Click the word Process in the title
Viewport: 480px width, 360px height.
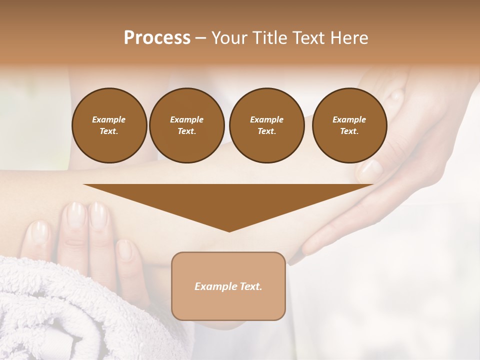pos(157,38)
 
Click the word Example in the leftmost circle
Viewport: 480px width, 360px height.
pos(109,119)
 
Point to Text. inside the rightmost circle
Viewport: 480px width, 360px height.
pos(349,131)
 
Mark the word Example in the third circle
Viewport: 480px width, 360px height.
pos(266,119)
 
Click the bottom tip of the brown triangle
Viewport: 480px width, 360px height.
pos(229,231)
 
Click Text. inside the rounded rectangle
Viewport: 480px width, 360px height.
pos(249,286)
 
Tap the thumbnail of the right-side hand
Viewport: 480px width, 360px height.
pos(371,169)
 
